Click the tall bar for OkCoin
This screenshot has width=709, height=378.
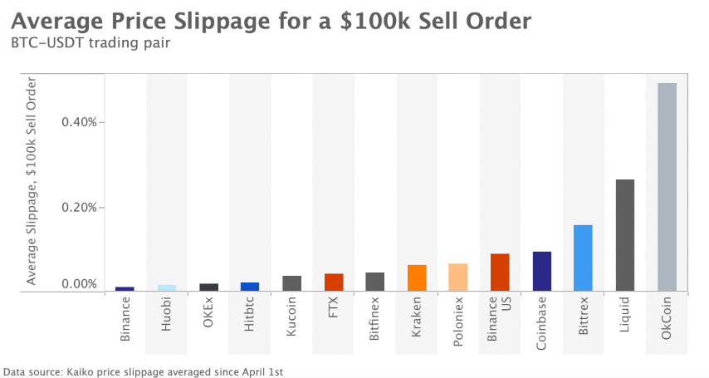[667, 187]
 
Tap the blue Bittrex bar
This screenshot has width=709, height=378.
[584, 258]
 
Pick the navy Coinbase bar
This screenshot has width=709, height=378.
[542, 271]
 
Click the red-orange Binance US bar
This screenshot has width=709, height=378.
[500, 272]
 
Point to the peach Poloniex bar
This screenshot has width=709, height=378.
[458, 277]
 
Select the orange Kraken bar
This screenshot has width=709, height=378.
[417, 278]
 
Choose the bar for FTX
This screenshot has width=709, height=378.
[334, 282]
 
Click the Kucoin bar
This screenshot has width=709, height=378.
[291, 283]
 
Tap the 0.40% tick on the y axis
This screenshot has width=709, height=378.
[79, 122]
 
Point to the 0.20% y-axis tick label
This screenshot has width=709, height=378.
[79, 207]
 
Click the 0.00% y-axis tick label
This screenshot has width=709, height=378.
[79, 284]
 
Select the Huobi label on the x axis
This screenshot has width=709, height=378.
[167, 317]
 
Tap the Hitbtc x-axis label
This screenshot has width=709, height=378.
[250, 315]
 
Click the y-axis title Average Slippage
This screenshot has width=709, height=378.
[32, 181]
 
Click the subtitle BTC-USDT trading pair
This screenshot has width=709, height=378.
[90, 43]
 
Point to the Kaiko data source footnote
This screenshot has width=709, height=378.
[144, 371]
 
